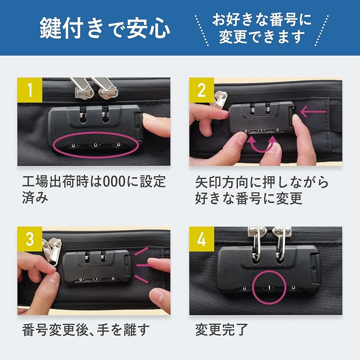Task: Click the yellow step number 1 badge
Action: pos(30,90)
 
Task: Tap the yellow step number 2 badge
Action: pos(201,90)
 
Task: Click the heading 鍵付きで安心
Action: pos(105,28)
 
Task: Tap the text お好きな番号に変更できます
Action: pos(262,28)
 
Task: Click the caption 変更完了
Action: pos(222,329)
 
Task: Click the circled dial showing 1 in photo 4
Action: pos(269,287)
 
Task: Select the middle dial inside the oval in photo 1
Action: pos(95,146)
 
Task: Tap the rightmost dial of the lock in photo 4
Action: pos(293,287)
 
